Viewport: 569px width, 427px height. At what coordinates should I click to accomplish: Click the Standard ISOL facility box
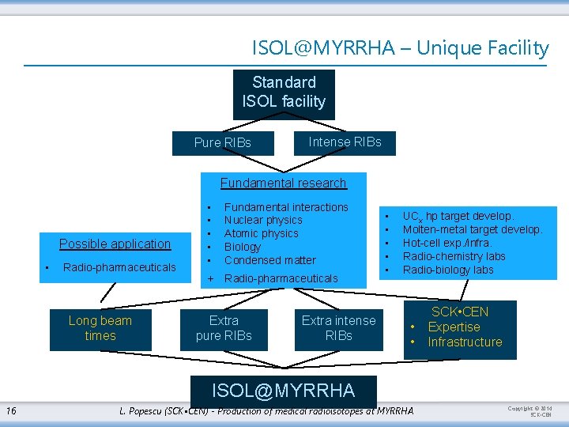pos(284,93)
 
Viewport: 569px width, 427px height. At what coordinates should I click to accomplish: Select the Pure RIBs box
pos(223,143)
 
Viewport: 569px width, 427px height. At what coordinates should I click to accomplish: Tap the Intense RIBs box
pos(345,142)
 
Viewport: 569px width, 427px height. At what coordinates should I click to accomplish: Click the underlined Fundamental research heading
pos(283,183)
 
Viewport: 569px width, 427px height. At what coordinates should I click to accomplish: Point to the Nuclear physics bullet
pos(263,221)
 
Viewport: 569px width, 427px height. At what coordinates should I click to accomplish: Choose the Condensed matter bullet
pos(269,260)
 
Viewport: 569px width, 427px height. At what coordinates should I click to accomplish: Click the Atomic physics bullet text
pos(262,234)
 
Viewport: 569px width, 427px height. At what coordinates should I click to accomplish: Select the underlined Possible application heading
pos(115,244)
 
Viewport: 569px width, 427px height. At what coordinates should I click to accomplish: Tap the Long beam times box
pos(100,328)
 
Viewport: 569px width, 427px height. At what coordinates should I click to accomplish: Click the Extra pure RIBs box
pos(224,328)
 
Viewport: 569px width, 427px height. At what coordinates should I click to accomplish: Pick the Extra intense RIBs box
pos(338,328)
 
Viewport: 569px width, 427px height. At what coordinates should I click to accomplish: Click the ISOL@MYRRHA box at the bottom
pos(284,390)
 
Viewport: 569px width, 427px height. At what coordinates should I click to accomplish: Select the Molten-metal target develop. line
pos(473,230)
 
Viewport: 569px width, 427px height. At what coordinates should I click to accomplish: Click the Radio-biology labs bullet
pos(448,270)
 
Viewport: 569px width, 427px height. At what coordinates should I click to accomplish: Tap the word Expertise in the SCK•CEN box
pos(454,327)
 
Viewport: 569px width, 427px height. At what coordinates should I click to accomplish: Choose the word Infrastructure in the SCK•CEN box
pos(465,342)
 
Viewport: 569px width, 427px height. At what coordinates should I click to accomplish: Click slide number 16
pos(11,410)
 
